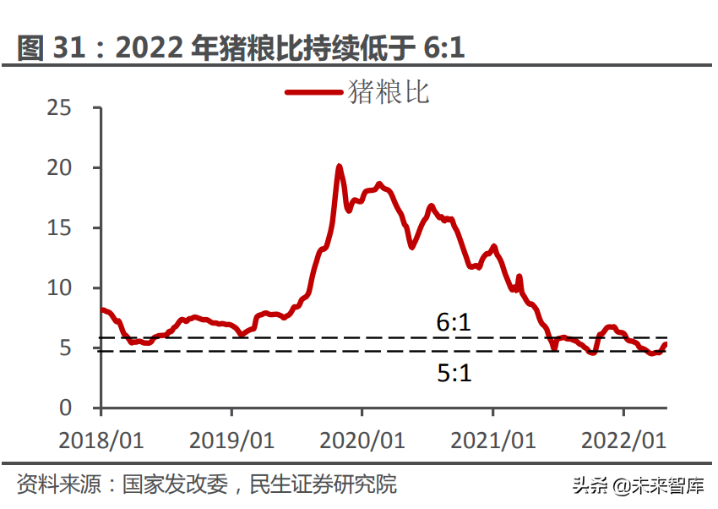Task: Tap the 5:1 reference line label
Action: (x=454, y=373)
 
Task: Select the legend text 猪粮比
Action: (x=389, y=91)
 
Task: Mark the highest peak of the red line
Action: (x=339, y=167)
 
